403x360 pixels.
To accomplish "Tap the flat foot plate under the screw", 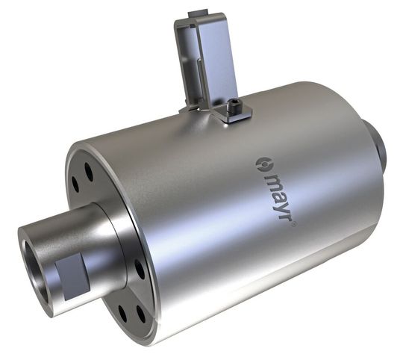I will [x=231, y=115].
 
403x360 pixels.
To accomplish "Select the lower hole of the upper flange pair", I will [x=76, y=184].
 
